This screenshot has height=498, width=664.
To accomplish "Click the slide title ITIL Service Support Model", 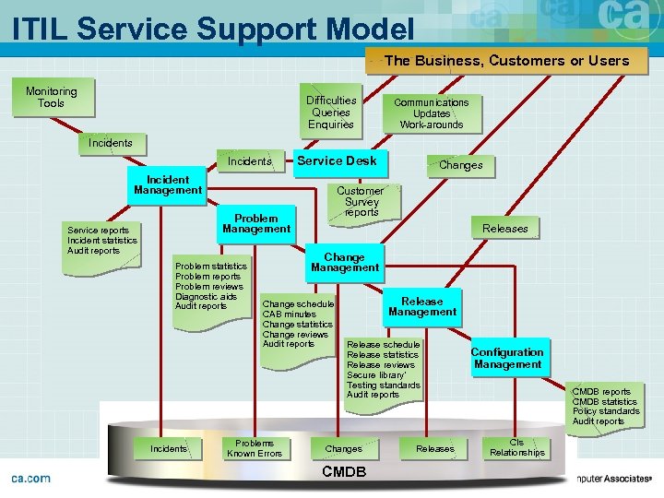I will click(x=212, y=27).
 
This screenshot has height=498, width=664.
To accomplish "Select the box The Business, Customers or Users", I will click(x=506, y=61).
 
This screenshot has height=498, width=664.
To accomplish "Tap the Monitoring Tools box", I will click(x=52, y=98).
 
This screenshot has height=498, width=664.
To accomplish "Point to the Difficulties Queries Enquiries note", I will click(x=331, y=113).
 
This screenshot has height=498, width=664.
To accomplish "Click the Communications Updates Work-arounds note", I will click(x=432, y=113).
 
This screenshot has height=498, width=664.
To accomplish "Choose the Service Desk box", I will click(x=337, y=160).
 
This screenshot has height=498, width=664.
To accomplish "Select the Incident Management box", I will click(x=168, y=185).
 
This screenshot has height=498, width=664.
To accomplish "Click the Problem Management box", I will click(x=256, y=224).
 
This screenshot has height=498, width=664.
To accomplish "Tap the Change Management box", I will click(x=344, y=263).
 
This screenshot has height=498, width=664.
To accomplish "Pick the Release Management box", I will click(x=422, y=307).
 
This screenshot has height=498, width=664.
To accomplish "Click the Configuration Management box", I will click(x=507, y=358).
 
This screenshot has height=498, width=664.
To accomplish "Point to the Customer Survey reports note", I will click(x=362, y=202).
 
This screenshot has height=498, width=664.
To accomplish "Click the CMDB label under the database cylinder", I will click(x=344, y=472).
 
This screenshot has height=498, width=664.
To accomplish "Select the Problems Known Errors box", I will click(x=255, y=448).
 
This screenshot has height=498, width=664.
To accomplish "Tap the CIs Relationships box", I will click(x=516, y=448).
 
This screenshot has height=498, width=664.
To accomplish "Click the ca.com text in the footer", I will click(x=30, y=478).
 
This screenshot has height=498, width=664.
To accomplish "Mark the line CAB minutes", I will click(x=290, y=314).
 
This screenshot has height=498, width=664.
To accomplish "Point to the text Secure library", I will click(x=377, y=374).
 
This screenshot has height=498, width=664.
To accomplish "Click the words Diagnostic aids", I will click(x=206, y=296).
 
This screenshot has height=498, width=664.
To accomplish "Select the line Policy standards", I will click(x=606, y=411).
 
